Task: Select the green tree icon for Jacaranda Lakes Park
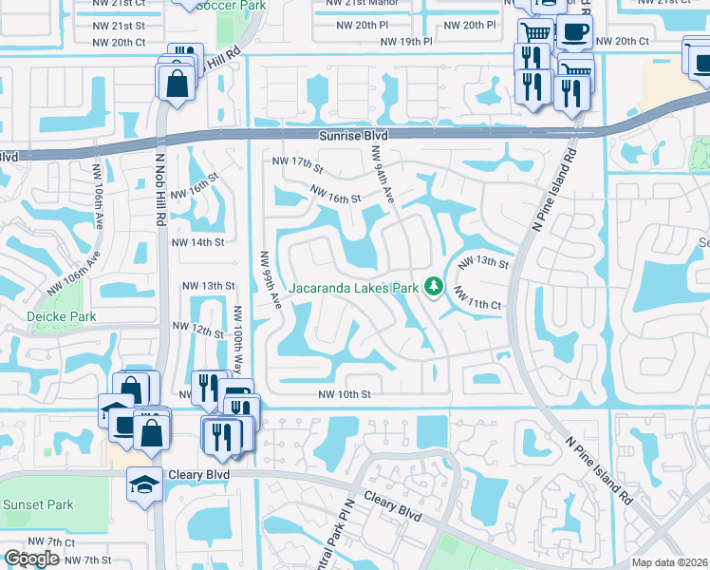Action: coord(434,285)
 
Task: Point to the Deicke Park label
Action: coord(35,315)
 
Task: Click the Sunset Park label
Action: coord(37,504)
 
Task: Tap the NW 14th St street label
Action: coord(196,242)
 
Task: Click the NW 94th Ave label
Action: coord(383,174)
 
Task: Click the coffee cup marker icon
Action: coord(573,32)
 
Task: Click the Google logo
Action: coord(32,559)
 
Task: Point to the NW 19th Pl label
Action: coord(406,43)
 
